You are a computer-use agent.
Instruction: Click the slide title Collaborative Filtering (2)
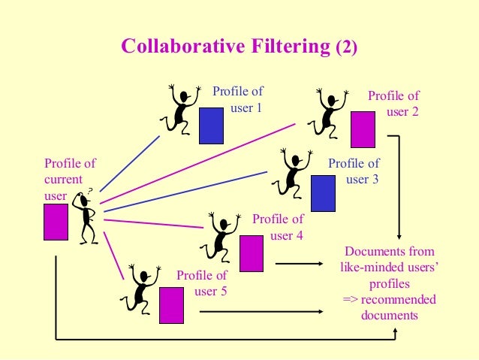[239, 47]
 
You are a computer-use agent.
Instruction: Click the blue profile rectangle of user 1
[212, 126]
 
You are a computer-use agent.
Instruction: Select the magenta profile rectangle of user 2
[363, 129]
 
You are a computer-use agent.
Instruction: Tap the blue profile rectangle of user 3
[323, 193]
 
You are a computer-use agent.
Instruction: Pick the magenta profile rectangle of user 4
[251, 253]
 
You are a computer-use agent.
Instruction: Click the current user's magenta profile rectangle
[56, 222]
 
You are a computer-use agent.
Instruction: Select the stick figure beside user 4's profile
[220, 236]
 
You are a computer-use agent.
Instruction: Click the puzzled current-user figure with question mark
[87, 215]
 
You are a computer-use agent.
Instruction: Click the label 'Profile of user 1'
[238, 99]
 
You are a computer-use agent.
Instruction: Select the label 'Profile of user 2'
[394, 104]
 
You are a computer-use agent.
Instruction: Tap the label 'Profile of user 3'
[354, 171]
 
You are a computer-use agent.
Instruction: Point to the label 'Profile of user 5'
[202, 283]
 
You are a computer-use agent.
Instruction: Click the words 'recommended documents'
[389, 307]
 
